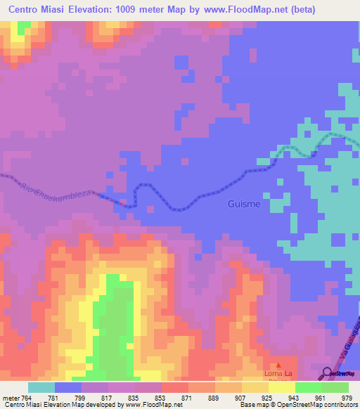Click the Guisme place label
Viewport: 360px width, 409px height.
[x=244, y=204]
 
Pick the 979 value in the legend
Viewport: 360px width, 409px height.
[x=345, y=398]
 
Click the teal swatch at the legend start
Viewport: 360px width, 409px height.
[x=41, y=387]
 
